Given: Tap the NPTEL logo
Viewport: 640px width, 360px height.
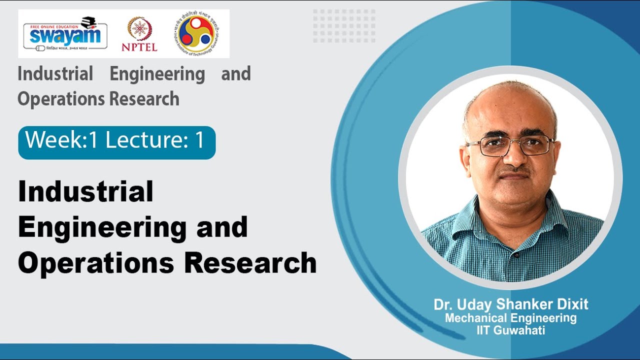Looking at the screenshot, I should pos(139,33).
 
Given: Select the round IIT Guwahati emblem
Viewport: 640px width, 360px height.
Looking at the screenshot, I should pos(195,33).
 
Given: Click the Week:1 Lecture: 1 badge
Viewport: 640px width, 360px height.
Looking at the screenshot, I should pos(116,142).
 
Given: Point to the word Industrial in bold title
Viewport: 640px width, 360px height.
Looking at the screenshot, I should pos(85,192).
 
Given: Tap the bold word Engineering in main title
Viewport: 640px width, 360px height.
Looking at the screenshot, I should pos(101,227).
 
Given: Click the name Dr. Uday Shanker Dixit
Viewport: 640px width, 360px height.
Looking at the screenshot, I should pos(511,304).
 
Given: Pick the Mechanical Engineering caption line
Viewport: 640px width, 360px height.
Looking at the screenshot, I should pos(511,318).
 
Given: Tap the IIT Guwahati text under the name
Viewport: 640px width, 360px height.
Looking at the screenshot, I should pos(511,330).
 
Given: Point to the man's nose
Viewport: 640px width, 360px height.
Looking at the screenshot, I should pos(511,159).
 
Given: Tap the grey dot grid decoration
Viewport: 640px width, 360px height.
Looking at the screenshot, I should pos(344,25).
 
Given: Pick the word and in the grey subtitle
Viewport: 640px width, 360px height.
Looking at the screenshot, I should pos(235,74).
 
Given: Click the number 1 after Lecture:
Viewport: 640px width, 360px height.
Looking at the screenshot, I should pos(200,141).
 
